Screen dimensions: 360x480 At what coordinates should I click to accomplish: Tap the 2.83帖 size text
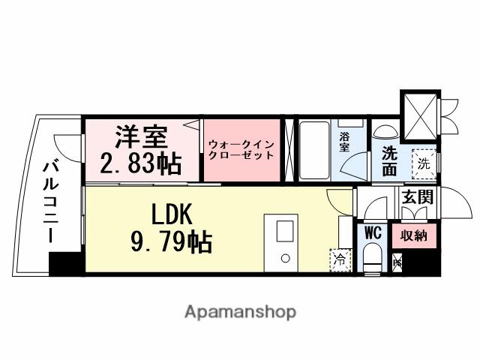[140, 162]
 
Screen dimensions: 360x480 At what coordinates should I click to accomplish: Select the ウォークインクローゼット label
[240, 150]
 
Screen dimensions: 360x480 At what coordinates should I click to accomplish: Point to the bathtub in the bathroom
[314, 150]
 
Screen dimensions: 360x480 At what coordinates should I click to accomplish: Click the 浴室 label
[345, 142]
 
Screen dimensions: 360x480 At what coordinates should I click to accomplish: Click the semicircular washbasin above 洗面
[387, 131]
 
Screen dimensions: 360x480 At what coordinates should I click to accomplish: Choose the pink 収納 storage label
[412, 235]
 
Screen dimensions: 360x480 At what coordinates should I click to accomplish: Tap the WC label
[373, 232]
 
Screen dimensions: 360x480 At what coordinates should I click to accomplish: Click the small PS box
[397, 263]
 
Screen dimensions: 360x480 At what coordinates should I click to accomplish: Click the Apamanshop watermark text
[239, 311]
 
